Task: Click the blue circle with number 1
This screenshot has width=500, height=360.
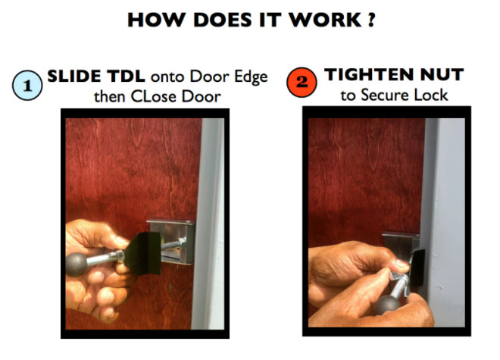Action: click(x=27, y=86)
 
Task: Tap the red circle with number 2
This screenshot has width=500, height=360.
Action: click(x=302, y=83)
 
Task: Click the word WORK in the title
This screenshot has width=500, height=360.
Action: click(x=325, y=20)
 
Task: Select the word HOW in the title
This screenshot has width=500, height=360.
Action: click(x=156, y=20)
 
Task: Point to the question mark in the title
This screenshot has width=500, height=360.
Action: click(x=371, y=20)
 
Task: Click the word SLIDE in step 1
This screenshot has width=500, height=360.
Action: click(x=74, y=77)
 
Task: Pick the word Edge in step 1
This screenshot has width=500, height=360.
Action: click(x=251, y=77)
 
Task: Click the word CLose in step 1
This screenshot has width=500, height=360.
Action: click(x=154, y=96)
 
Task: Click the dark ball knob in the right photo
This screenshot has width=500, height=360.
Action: click(x=386, y=305)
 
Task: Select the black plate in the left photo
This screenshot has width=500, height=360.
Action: click(x=143, y=253)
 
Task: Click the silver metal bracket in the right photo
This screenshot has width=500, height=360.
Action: click(x=401, y=242)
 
